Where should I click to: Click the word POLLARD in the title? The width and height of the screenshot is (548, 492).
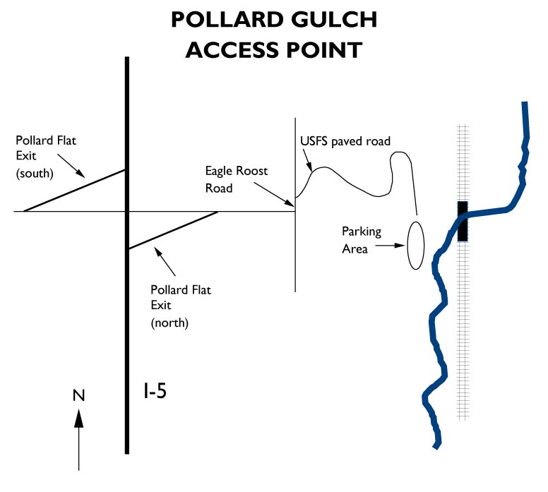coord(225,20)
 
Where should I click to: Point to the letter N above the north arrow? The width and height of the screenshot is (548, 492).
coord(78,395)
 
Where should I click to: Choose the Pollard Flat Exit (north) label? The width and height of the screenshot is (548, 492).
coord(180,306)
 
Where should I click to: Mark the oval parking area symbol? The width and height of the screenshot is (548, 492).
coord(417,245)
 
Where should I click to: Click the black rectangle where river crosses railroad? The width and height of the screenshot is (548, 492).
coord(463,221)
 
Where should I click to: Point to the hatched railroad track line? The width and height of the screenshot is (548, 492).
coord(463,339)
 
